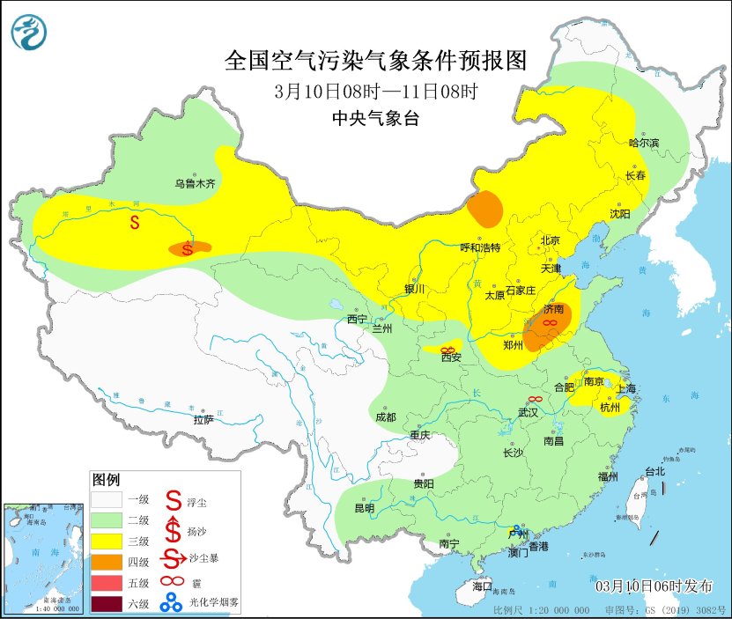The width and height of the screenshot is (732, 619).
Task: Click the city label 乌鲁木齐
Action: pos(194,184)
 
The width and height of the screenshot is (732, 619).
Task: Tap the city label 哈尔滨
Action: pos(644,143)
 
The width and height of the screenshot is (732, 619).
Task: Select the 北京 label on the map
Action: pos(551,239)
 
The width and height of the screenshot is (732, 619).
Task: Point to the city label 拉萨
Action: pos(203,420)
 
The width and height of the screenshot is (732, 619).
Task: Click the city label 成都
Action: pos(386,416)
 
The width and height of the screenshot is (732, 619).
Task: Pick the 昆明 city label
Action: pos(364,508)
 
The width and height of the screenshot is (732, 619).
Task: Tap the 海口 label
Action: pos(482,586)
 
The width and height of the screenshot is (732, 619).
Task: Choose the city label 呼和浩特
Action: pos(480,247)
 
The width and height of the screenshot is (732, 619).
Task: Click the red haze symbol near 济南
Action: pos(548,324)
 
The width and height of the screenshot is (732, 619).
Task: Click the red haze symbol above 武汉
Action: pos(534,400)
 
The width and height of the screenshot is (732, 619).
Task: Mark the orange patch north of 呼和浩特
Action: pos(485,209)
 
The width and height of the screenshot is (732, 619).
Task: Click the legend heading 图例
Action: pos(107,480)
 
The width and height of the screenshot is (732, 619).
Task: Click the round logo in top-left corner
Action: pos(28,33)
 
